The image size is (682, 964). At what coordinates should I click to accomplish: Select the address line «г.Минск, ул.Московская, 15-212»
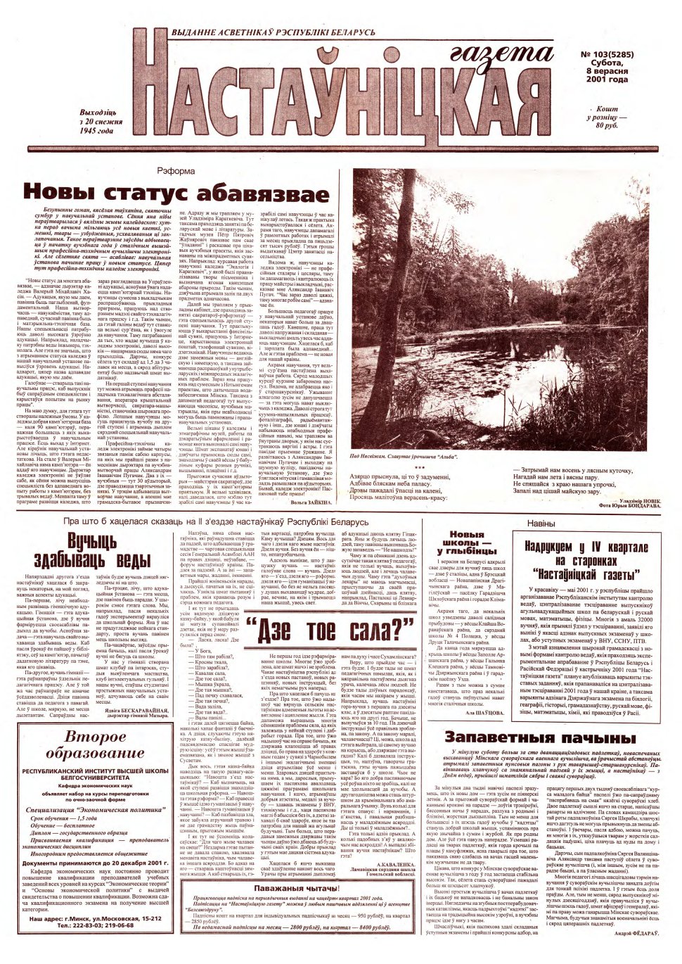coord(108,918)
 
